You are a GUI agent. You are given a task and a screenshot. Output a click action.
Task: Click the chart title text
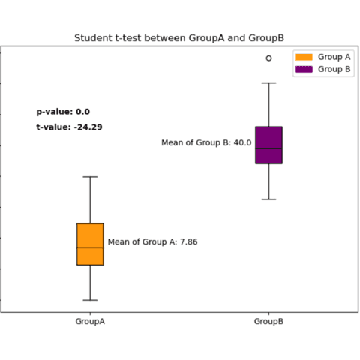pos(179,37)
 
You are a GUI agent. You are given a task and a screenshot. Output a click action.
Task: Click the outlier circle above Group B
pos(268,58)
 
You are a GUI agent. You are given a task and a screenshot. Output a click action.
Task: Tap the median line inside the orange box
pos(90,247)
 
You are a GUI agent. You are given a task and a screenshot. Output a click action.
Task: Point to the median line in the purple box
pos(268,148)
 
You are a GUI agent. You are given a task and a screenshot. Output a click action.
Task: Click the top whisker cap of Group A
pos(90,177)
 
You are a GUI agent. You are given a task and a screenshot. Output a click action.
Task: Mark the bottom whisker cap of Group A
pos(90,300)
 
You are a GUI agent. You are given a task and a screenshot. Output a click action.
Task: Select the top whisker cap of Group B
pos(268,82)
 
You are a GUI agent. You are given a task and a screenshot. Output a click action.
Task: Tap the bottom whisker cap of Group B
pos(268,199)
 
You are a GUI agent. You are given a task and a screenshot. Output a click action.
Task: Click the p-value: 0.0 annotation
pos(63,112)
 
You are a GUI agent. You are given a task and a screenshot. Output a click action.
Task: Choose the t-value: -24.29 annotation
pos(69,127)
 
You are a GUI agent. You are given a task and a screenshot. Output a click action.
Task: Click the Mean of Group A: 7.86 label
pos(152,241)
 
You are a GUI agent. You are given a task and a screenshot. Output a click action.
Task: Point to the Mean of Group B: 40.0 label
pos(206,142)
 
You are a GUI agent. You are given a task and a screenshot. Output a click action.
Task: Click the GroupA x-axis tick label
pos(90,321)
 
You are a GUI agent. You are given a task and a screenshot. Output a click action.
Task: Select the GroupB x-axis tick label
pos(268,321)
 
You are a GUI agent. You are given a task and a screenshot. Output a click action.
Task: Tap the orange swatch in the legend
pos(304,57)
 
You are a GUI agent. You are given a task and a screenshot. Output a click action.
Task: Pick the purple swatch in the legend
pos(304,68)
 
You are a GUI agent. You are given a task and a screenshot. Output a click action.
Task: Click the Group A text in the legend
pos(334,57)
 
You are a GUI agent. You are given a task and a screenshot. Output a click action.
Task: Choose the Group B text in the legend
pos(334,68)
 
